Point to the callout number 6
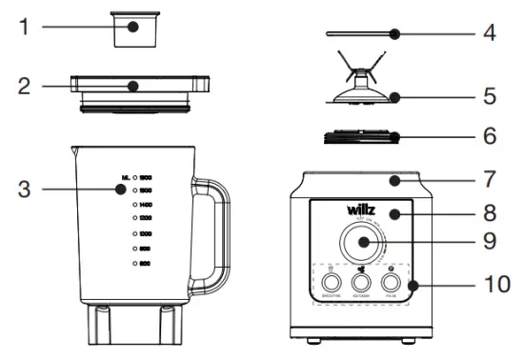(x=489, y=136)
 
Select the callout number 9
(x=489, y=240)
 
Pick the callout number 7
(x=489, y=178)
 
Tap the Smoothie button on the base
(x=331, y=283)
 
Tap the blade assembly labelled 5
(x=361, y=90)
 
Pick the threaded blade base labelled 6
(x=360, y=138)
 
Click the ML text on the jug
(x=125, y=177)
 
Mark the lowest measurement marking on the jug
(x=144, y=262)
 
